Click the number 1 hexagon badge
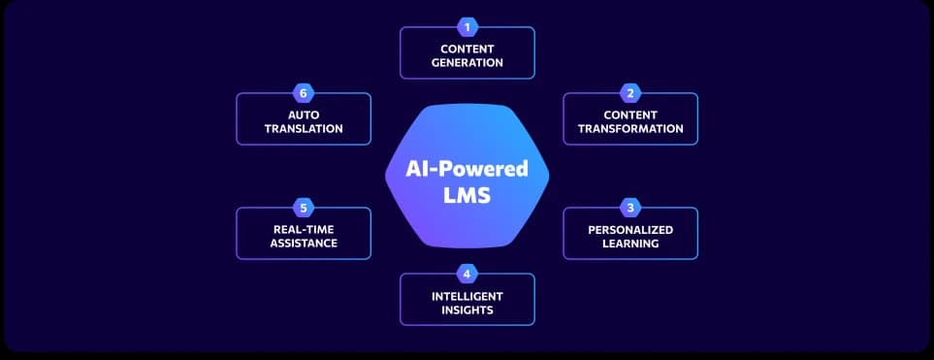click(467, 27)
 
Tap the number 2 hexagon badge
click(630, 93)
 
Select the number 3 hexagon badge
click(630, 207)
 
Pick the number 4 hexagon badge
click(467, 273)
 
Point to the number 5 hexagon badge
click(304, 207)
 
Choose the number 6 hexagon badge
click(304, 93)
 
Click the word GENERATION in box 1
click(467, 63)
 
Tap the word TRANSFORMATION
click(630, 129)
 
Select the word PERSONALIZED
click(630, 230)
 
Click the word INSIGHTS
click(467, 311)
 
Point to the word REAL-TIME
click(304, 230)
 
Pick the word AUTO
click(304, 115)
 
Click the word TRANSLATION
click(304, 129)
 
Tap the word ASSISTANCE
click(304, 244)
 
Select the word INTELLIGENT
click(467, 296)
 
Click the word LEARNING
click(630, 244)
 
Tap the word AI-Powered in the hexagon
click(467, 169)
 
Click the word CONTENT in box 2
click(630, 115)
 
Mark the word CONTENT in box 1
click(467, 49)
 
